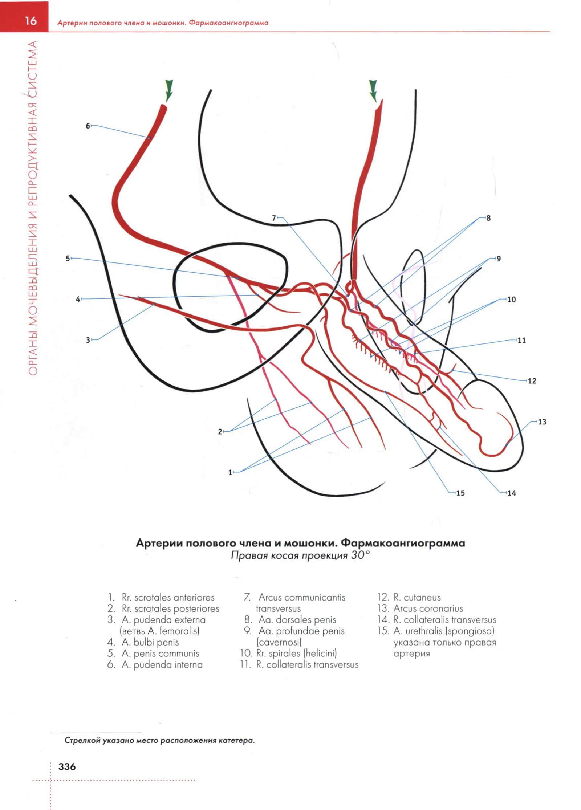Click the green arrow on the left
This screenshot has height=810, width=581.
point(168,90)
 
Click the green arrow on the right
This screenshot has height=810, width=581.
point(373,91)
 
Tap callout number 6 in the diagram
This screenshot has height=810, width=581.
point(88,126)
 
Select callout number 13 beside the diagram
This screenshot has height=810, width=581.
point(542,422)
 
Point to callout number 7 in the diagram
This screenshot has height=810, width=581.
point(274,218)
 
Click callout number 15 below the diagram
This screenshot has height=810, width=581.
point(460,493)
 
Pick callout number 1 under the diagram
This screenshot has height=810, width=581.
point(230,472)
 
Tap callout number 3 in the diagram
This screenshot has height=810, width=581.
point(88,340)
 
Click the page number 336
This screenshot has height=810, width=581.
point(67,766)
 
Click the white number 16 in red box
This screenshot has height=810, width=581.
point(31,21)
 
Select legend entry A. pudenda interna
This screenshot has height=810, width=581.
point(162,664)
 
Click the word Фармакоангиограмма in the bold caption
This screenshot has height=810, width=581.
point(403,543)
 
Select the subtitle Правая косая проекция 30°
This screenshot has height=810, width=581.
point(300,555)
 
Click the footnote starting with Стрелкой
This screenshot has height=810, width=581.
point(159,740)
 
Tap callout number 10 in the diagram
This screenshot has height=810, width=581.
point(511,299)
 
